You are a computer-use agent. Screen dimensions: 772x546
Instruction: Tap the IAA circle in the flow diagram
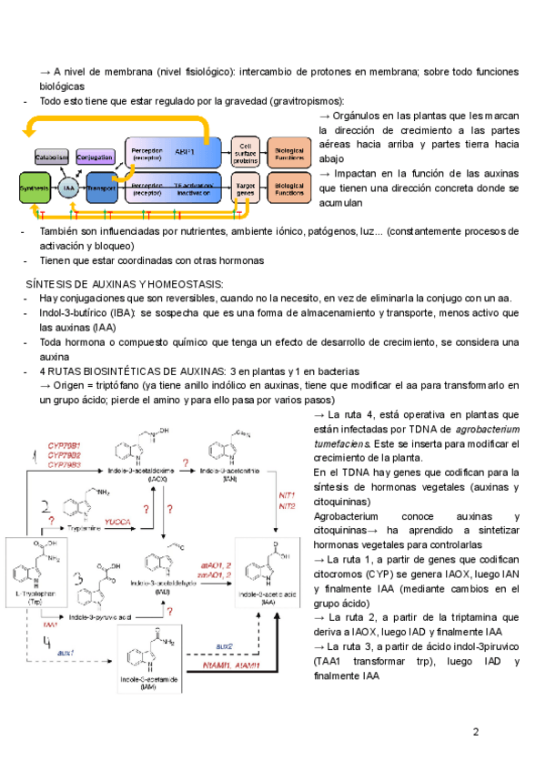click(x=69, y=188)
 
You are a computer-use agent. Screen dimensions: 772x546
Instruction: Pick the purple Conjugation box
click(x=95, y=156)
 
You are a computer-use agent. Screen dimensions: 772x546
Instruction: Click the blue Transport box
click(x=103, y=188)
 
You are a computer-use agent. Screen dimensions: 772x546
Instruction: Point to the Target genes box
click(x=245, y=188)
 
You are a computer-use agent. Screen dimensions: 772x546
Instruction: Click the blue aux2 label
click(x=225, y=645)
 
